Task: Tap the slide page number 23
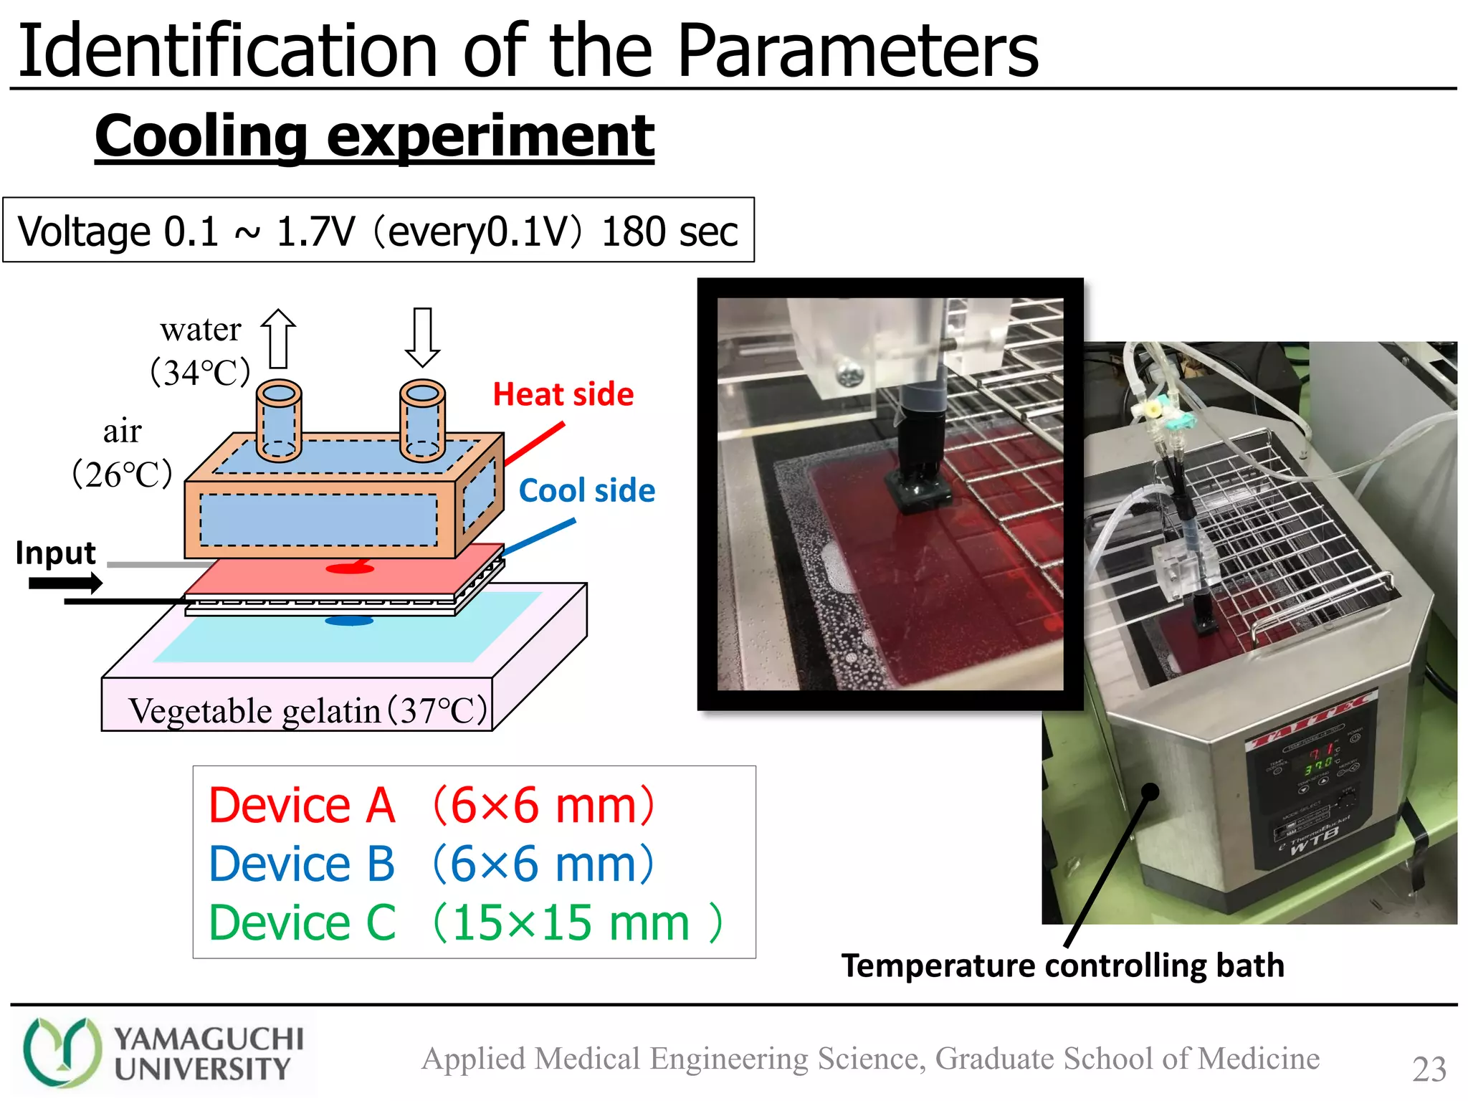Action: [1429, 1069]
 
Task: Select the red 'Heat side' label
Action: [563, 395]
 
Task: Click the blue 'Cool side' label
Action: [586, 491]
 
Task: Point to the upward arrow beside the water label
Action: [278, 338]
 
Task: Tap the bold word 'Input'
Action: [56, 553]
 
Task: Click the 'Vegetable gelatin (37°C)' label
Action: [308, 710]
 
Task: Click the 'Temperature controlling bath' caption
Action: [1062, 966]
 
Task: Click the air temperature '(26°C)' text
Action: [123, 474]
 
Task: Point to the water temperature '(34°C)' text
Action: [200, 372]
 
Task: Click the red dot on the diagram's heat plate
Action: [350, 568]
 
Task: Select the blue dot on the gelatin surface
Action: [349, 621]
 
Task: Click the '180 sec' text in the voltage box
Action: [669, 232]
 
